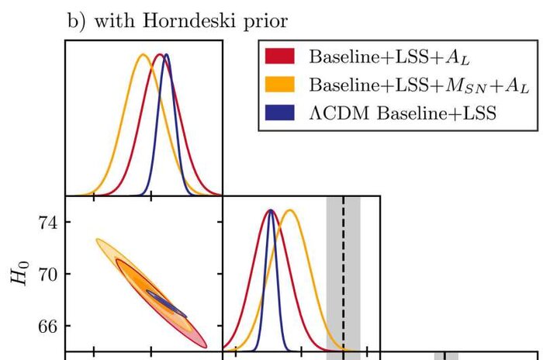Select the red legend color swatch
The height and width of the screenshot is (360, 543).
[281, 57]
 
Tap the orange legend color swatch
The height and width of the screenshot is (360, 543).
[281, 85]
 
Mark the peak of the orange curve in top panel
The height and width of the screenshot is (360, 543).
[142, 54]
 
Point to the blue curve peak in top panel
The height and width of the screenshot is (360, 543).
[165, 54]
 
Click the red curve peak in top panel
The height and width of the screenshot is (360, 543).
[159, 54]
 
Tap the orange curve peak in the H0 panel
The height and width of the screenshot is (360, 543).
[290, 210]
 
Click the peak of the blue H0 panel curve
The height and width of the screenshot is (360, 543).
[271, 210]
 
